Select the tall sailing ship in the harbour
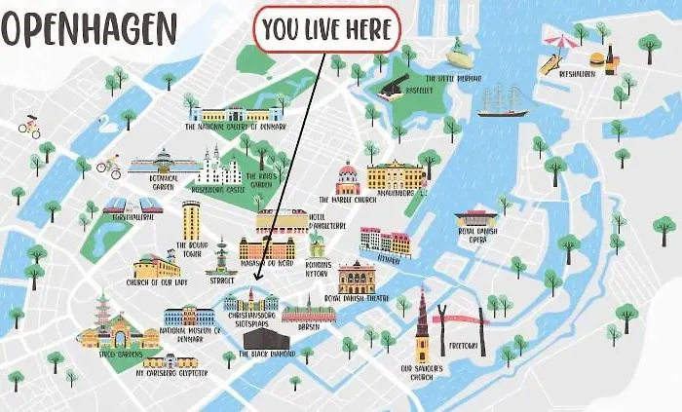pos(503,100)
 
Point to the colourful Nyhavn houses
pos(385,242)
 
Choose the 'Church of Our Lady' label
pos(156,284)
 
